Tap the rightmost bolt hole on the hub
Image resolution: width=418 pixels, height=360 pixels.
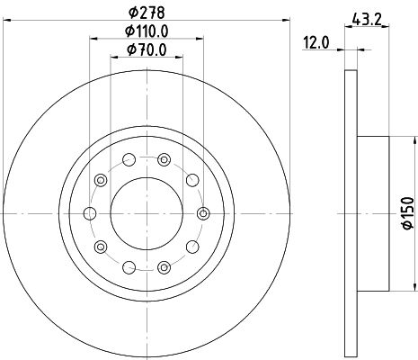tap(203, 213)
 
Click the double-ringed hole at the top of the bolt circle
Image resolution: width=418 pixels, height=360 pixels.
tap(164, 160)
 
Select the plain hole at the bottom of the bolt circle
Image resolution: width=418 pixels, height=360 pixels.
tap(129, 266)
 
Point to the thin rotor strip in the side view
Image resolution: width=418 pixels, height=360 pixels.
tap(349, 213)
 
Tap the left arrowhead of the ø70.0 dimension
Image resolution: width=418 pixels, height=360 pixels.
tap(113, 58)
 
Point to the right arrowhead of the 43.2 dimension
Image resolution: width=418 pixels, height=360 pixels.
tap(387, 25)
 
